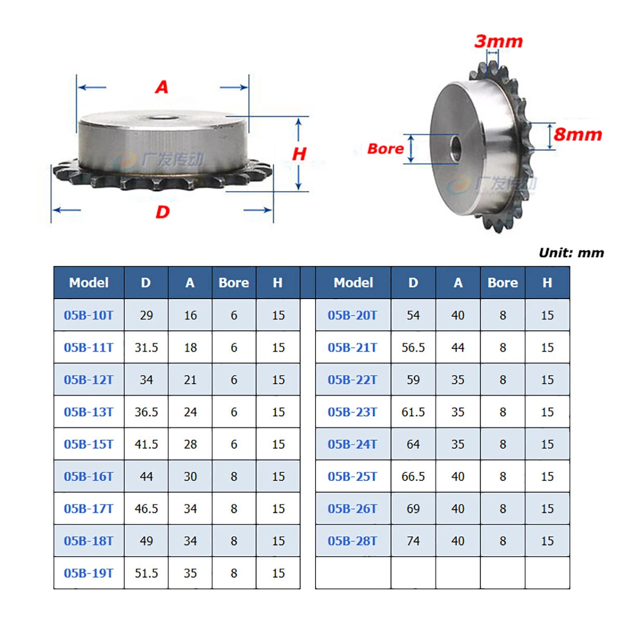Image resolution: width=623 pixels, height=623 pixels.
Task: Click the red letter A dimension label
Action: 161,87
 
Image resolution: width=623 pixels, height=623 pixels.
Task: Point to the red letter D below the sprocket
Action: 162,212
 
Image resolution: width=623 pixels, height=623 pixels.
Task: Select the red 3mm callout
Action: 498,42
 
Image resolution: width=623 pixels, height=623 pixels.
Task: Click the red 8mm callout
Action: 577,134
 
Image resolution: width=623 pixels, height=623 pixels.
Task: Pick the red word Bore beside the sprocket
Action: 385,148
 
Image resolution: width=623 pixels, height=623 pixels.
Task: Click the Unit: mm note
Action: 571,252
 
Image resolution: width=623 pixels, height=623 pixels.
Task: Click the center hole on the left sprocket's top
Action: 162,118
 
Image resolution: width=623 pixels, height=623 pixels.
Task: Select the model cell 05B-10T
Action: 89,315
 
